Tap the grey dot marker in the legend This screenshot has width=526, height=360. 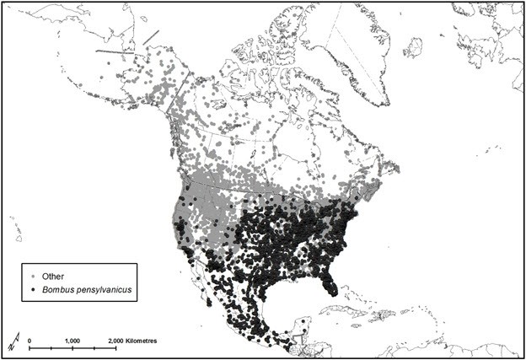pyautogui.click(x=34, y=276)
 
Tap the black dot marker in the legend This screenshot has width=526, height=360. pyautogui.click(x=34, y=289)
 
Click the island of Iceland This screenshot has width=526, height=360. pyautogui.click(x=412, y=47)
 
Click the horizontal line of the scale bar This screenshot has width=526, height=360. pyautogui.click(x=72, y=347)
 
